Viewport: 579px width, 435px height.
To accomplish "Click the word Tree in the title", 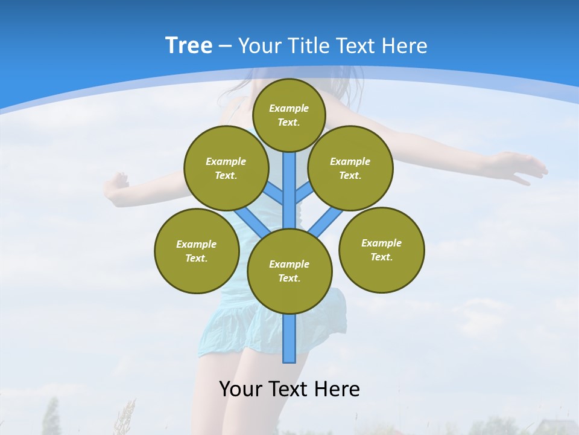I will point(189,46).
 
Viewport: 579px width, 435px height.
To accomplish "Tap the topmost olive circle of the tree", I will point(289,115).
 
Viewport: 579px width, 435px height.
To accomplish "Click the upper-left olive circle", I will point(226,168).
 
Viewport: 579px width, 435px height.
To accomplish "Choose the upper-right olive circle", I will point(350,168).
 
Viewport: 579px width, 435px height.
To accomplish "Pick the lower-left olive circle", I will point(196,251).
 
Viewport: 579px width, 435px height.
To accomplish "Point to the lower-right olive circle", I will point(381,250).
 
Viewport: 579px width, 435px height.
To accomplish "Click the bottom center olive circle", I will point(289,271).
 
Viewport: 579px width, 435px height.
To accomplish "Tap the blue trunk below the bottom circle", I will point(289,338).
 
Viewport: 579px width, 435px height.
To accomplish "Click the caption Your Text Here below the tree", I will point(289,388).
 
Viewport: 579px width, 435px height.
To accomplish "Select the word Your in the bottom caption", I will point(241,388).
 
